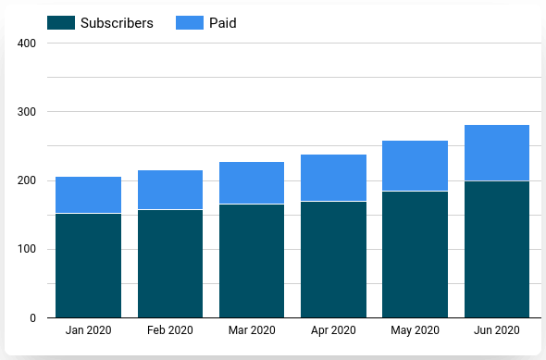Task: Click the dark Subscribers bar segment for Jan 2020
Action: (88, 266)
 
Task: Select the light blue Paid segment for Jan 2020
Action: (88, 194)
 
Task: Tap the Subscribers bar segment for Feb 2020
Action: (170, 264)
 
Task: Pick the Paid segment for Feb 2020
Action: (170, 190)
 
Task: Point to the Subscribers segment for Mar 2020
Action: (252, 261)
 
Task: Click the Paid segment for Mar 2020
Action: (252, 182)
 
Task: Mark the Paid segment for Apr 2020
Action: (333, 178)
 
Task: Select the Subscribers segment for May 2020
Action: (415, 254)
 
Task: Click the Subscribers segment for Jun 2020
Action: (497, 249)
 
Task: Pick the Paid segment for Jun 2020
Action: (497, 153)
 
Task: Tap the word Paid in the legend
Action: (223, 23)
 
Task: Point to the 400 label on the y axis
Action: (26, 43)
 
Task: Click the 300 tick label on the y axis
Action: (26, 112)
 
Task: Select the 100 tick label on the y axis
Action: (26, 249)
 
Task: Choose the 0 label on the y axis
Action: (31, 318)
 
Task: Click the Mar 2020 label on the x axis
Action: (252, 331)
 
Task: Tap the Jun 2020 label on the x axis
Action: (497, 331)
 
